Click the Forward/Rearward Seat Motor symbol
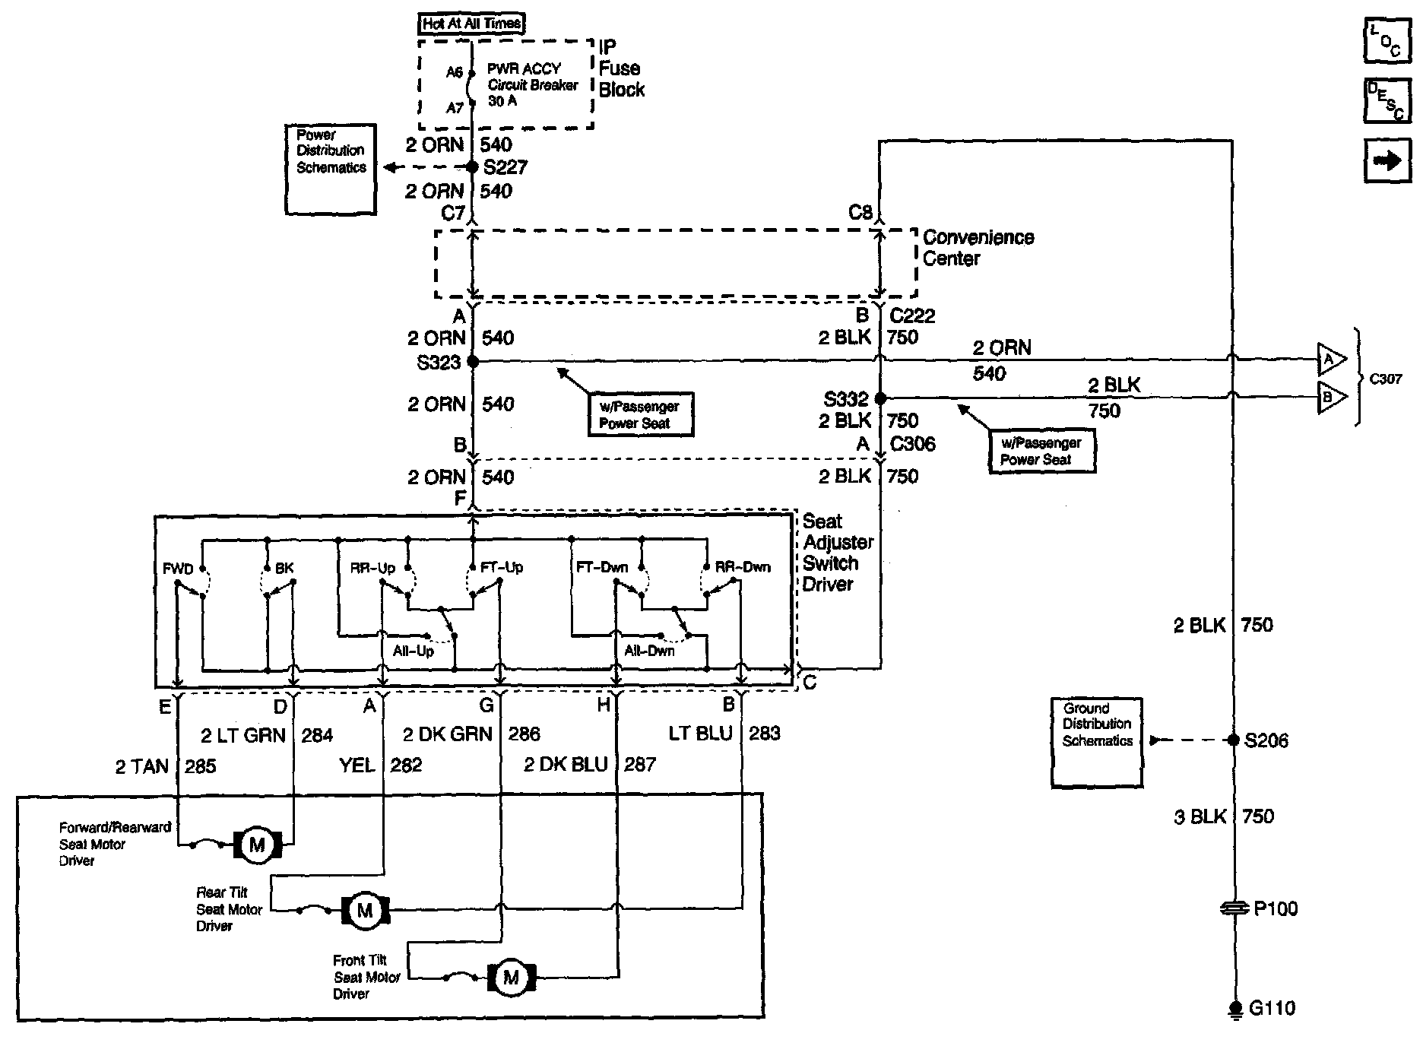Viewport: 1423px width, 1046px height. point(257,845)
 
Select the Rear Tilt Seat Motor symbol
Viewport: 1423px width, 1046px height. point(365,910)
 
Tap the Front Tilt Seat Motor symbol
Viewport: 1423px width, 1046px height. point(511,977)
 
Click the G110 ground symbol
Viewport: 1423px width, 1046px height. point(1234,1009)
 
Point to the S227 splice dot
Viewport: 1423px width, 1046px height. point(472,167)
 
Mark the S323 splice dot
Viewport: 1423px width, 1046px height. point(472,361)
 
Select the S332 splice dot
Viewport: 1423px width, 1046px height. point(880,398)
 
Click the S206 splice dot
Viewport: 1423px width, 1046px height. point(1234,740)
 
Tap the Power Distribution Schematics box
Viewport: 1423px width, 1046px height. point(331,169)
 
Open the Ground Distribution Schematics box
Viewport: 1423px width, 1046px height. point(1097,741)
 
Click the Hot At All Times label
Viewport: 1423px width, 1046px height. point(472,24)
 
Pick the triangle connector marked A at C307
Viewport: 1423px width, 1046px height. point(1331,359)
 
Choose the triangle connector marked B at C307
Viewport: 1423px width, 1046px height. point(1331,397)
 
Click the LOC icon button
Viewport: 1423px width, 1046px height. point(1387,41)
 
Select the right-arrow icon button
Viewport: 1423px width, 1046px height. point(1387,160)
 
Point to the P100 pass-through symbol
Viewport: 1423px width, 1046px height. point(1234,908)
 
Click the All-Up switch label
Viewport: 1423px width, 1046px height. point(414,651)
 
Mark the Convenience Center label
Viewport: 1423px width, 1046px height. point(978,248)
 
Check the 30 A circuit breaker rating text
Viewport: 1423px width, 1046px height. point(502,101)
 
